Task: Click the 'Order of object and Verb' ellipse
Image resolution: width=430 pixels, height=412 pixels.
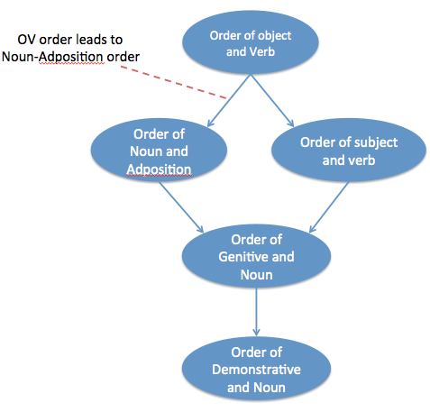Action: [x=251, y=42]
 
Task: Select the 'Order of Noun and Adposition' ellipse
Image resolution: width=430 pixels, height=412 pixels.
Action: [x=159, y=150]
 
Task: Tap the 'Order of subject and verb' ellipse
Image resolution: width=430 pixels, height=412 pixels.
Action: [x=349, y=150]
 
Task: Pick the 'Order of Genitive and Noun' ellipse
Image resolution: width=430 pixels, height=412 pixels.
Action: [x=256, y=256]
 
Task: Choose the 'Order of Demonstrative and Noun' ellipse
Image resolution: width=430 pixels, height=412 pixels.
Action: [x=256, y=369]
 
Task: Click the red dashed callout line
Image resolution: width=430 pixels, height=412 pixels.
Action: [x=173, y=82]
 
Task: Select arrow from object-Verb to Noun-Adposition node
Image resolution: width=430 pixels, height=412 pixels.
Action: [x=229, y=101]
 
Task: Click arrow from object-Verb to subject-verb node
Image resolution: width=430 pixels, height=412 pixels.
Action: [x=272, y=101]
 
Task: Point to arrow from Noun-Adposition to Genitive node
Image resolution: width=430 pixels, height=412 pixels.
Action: [x=181, y=207]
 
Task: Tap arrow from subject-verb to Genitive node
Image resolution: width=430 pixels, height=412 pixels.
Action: [x=329, y=207]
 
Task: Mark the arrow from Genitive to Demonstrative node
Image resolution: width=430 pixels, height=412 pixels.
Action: [x=256, y=312]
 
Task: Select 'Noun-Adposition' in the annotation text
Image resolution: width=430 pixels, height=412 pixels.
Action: [x=52, y=57]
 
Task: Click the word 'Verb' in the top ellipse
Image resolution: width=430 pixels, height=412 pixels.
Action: [x=261, y=51]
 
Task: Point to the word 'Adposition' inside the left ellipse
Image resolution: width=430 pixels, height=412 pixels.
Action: [x=159, y=169]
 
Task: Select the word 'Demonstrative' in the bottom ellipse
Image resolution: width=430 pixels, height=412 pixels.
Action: [x=256, y=370]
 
